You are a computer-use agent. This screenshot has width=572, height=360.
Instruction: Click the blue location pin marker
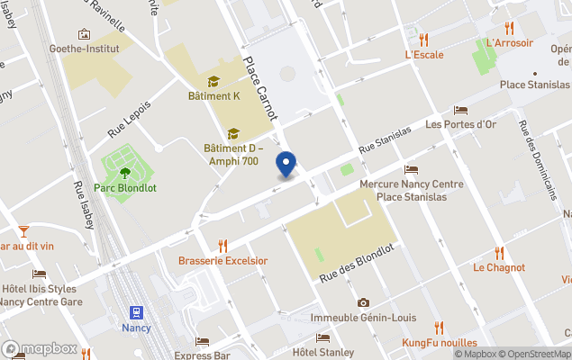click(286, 165)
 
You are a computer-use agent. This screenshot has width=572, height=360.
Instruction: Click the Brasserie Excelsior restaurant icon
click(222, 245)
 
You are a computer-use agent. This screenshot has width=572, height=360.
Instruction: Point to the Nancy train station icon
click(136, 313)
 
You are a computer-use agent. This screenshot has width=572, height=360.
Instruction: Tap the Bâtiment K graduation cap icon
click(213, 81)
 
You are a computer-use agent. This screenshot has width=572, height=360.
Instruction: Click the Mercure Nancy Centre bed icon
click(412, 169)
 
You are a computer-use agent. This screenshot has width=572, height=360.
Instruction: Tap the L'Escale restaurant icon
click(423, 39)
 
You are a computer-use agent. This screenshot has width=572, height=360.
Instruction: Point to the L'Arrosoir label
click(510, 42)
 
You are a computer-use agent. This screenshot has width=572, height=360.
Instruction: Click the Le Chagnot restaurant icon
click(499, 253)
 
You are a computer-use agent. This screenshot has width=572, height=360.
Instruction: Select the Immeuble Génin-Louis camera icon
click(363, 303)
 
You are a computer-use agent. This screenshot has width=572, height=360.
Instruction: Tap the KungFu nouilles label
click(439, 343)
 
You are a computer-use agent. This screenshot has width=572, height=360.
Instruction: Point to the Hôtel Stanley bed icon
click(322, 337)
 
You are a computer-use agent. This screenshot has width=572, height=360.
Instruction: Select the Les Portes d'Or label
click(461, 124)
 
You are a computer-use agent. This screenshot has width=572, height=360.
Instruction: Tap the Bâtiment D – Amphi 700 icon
click(232, 133)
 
